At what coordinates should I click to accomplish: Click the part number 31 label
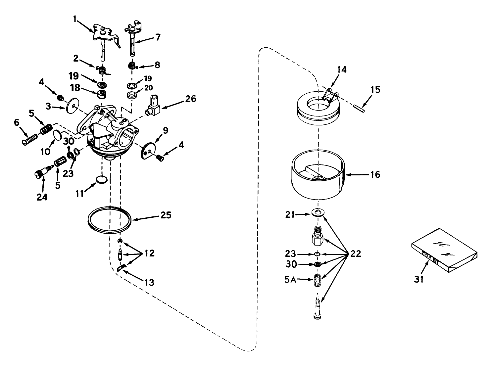[x=419, y=279]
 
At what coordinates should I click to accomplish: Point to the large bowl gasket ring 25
[x=109, y=219]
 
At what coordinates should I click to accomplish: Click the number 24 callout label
[x=42, y=197]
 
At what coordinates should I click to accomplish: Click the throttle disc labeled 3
[x=72, y=106]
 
